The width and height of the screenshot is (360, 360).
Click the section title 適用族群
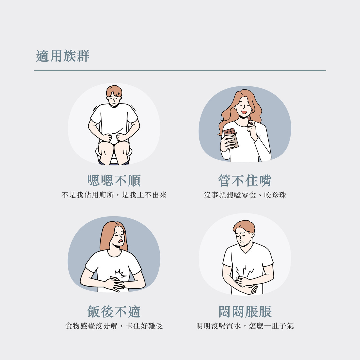tap(63, 56)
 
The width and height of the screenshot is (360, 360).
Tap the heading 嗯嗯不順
tap(114, 181)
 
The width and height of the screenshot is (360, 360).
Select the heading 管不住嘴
tap(245, 181)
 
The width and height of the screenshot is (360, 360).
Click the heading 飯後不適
tap(114, 311)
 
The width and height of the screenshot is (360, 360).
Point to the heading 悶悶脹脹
tap(245, 311)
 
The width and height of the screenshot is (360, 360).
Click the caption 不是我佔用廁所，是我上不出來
tap(114, 195)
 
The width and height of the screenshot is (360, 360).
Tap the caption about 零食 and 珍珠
tap(245, 195)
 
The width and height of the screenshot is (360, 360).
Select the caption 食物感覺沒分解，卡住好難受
tap(114, 326)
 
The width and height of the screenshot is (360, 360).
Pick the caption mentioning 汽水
tap(245, 326)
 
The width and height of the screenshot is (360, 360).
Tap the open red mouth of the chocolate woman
tap(244, 112)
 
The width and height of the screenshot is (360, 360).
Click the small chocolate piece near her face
tap(249, 120)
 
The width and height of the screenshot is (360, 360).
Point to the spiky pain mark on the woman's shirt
tap(120, 274)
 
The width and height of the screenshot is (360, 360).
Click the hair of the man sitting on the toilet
tap(114, 91)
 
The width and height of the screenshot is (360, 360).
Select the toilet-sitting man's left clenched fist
tap(122, 137)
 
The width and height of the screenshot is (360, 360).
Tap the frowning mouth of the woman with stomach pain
tap(121, 241)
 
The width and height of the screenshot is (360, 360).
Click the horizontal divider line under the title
tap(180, 70)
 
